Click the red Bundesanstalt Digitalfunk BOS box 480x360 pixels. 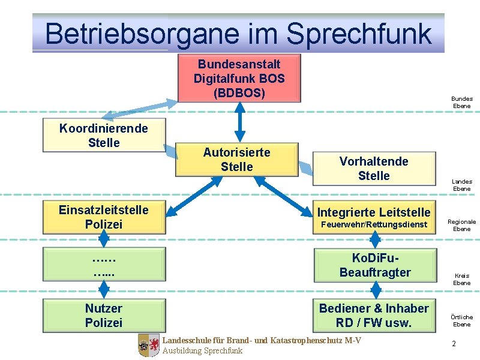click(x=239, y=78)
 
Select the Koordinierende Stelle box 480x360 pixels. click(x=104, y=136)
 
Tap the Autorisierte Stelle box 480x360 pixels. click(x=237, y=160)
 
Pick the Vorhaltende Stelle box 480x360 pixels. click(x=374, y=169)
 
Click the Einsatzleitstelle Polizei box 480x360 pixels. click(x=104, y=217)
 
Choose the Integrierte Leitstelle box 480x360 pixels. click(x=374, y=217)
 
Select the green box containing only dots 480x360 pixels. click(x=104, y=265)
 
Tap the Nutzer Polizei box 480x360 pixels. click(x=104, y=315)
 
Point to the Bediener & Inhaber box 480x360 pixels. click(x=374, y=315)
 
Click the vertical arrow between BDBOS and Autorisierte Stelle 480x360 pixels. click(x=239, y=122)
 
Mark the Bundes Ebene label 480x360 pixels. click(x=461, y=103)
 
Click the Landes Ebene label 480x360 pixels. click(x=461, y=185)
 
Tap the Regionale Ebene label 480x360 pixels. click(x=461, y=225)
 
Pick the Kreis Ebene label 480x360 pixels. click(x=461, y=280)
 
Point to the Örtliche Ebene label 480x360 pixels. click(x=461, y=320)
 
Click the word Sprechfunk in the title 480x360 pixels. click(x=359, y=34)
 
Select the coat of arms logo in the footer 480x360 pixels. click(x=149, y=346)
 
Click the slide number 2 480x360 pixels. click(x=454, y=344)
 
